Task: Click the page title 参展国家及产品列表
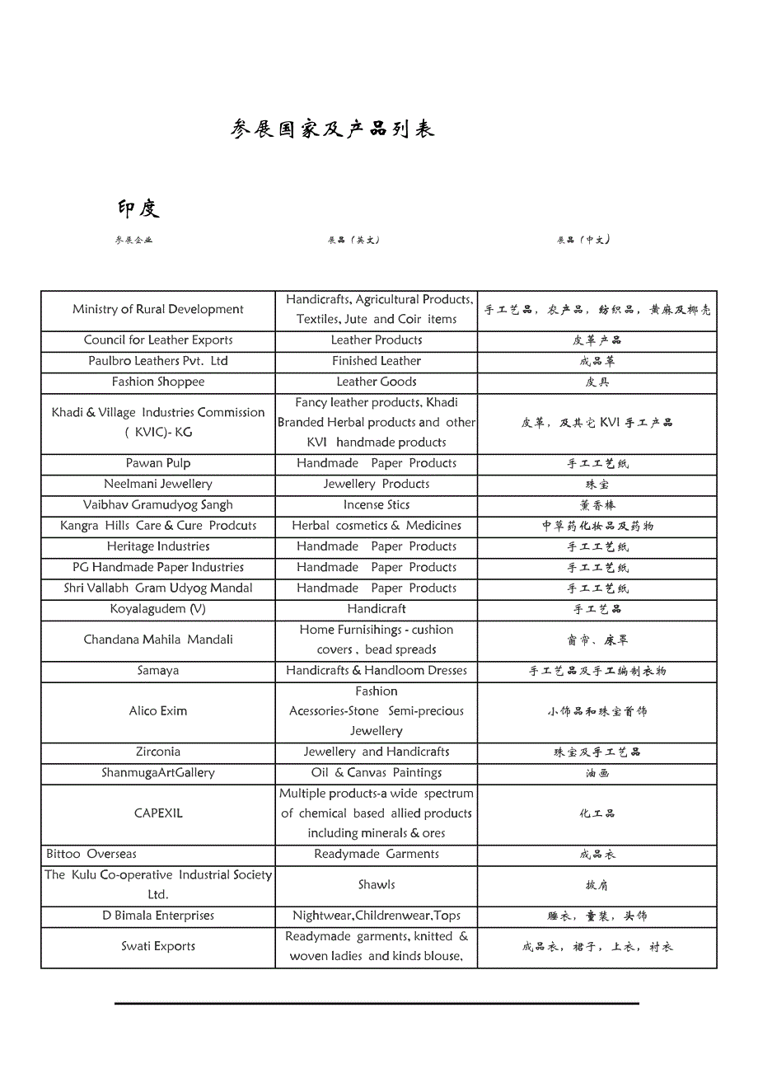[333, 129]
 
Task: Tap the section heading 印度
[138, 209]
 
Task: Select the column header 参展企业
[134, 241]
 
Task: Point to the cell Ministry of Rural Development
[158, 310]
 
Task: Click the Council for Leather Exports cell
[158, 340]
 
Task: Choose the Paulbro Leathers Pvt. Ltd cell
[158, 361]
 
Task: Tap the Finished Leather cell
[377, 361]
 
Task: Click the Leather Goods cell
[377, 382]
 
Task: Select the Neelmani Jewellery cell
[158, 485]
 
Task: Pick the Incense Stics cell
[377, 505]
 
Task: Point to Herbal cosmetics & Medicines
[377, 526]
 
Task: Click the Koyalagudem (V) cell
[158, 609]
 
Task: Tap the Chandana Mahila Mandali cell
[158, 640]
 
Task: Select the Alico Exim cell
[158, 711]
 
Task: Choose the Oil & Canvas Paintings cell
[377, 773]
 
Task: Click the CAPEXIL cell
[158, 813]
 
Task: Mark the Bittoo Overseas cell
[91, 855]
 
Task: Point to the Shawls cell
[377, 885]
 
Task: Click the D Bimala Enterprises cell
[158, 916]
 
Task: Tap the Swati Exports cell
[158, 947]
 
